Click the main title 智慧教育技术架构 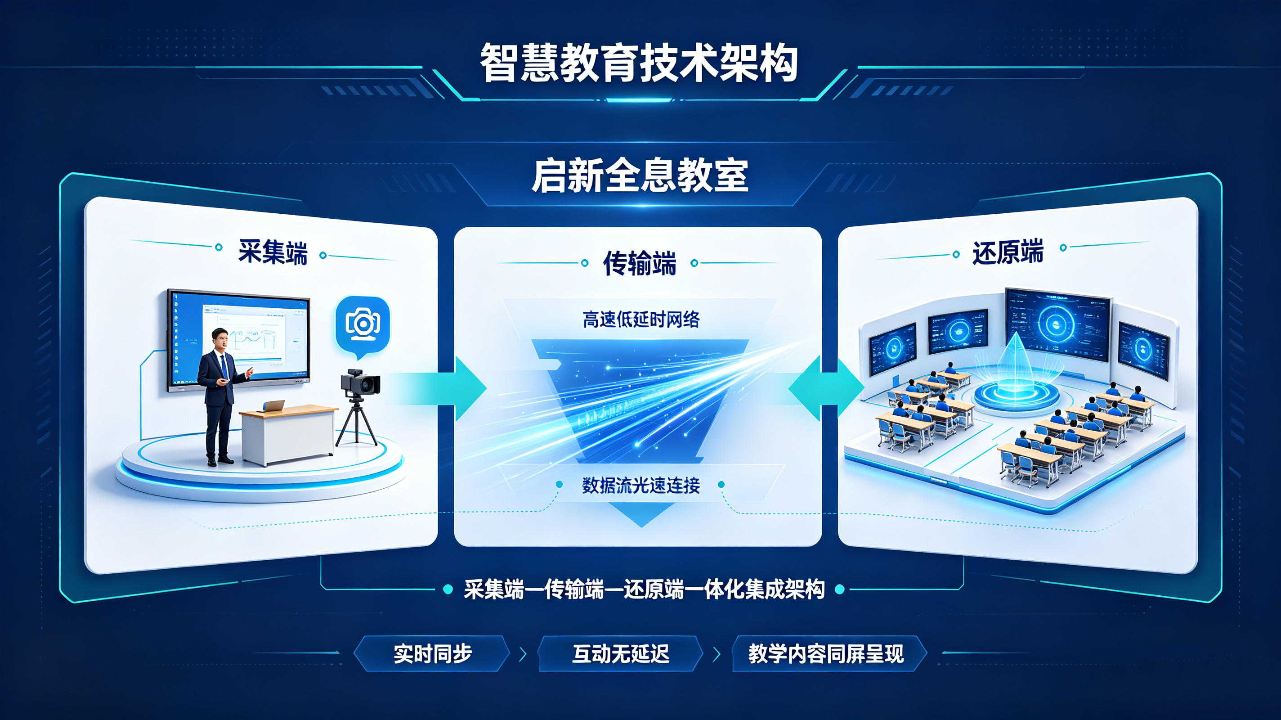tap(639, 63)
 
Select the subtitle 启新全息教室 tap(640, 175)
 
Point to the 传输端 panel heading tap(640, 263)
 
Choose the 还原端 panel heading tap(1008, 252)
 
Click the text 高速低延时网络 tap(641, 319)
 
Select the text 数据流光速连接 tap(641, 485)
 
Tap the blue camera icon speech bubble tap(363, 326)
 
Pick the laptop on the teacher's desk tap(273, 406)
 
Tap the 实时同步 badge tap(432, 653)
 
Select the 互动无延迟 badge tap(621, 653)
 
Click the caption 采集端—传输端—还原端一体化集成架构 tap(644, 589)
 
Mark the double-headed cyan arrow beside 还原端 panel tap(826, 388)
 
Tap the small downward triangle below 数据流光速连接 tap(641, 515)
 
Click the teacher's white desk tap(288, 434)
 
